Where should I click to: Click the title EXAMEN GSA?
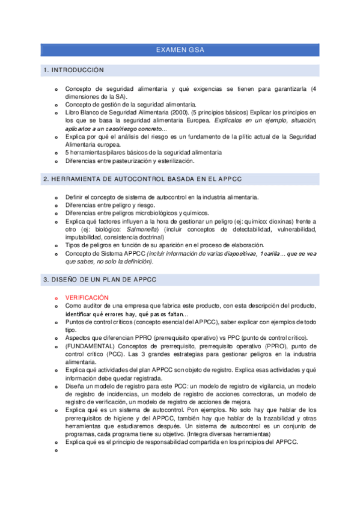(x=180, y=50)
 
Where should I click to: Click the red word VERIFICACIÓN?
(x=87, y=298)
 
